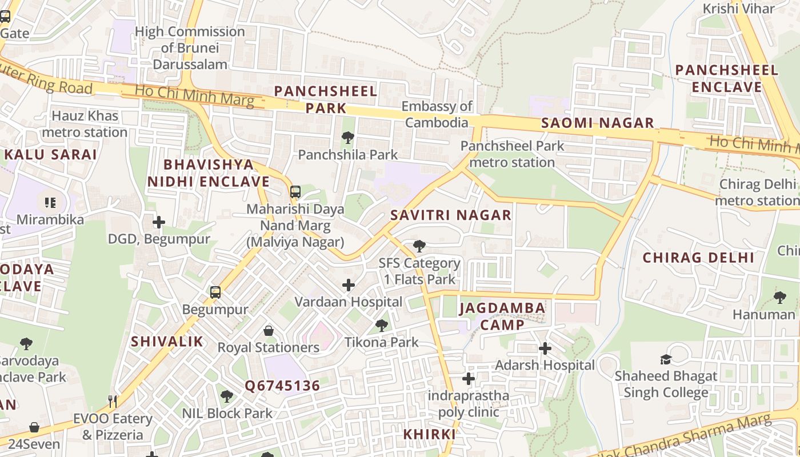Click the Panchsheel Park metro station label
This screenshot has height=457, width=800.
coord(512,154)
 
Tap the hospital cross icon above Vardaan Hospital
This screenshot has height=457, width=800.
coord(349,285)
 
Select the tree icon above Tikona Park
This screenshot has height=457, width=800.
coord(382,326)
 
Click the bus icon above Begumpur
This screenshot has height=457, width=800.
coord(215,292)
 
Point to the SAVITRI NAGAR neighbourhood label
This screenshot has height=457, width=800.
coord(451,215)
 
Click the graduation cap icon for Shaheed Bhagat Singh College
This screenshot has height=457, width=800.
coord(666,359)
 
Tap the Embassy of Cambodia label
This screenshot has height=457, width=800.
coord(437,114)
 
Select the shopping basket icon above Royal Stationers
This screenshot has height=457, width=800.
coord(269,331)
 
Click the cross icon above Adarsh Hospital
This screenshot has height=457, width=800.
coord(545,348)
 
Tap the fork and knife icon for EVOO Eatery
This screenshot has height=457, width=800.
coord(113,402)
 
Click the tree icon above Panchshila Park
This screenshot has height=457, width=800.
coord(347,138)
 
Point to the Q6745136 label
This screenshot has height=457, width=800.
coord(282,386)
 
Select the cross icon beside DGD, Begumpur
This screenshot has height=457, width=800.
coord(159,222)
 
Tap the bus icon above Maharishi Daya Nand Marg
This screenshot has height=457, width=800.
coord(295,192)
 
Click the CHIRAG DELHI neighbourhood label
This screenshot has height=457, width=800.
coord(698,258)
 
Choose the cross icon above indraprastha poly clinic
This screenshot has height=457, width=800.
coord(469,379)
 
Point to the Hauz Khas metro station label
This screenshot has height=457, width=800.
coord(85,124)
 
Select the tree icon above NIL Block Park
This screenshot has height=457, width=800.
coord(227,396)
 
